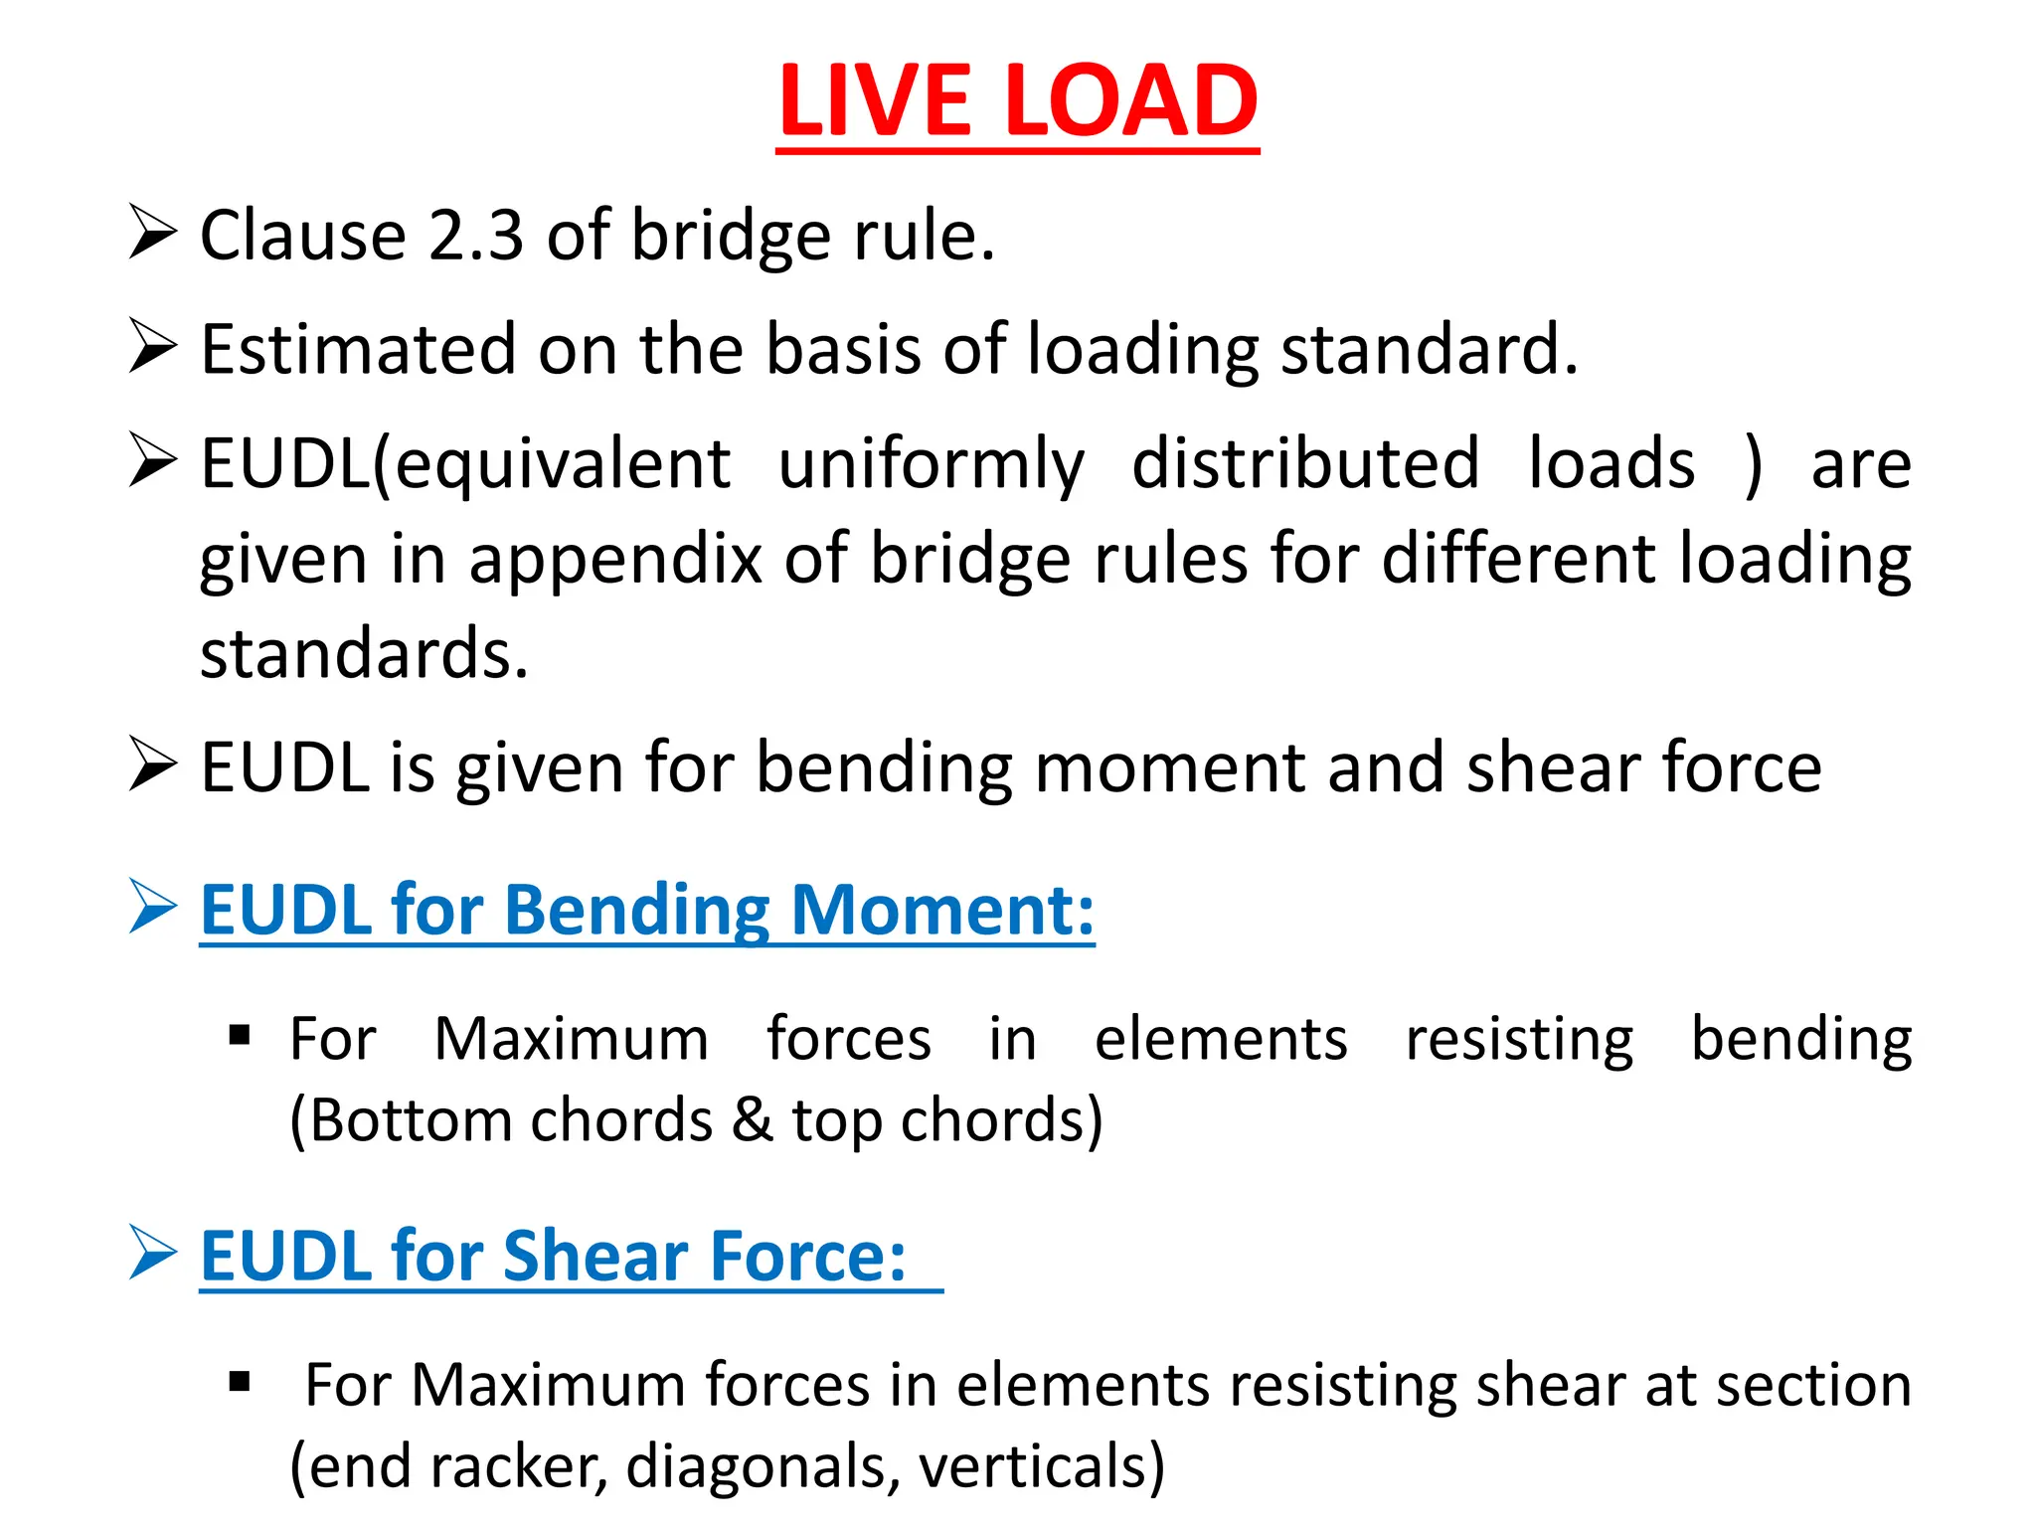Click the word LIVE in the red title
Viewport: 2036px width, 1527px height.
pos(875,101)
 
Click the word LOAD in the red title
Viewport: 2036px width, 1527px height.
pos(1132,101)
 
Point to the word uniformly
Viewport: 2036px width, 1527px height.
pos(931,464)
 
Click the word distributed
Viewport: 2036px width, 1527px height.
pos(1305,464)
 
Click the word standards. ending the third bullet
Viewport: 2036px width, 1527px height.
pos(364,654)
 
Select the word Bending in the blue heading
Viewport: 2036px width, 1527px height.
pos(636,911)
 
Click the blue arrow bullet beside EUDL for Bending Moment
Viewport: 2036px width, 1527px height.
pos(152,907)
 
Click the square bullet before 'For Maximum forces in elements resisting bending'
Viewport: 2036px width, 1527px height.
pos(239,1037)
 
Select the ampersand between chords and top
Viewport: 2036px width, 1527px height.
pos(753,1121)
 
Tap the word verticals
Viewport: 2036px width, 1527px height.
pos(1041,1467)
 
